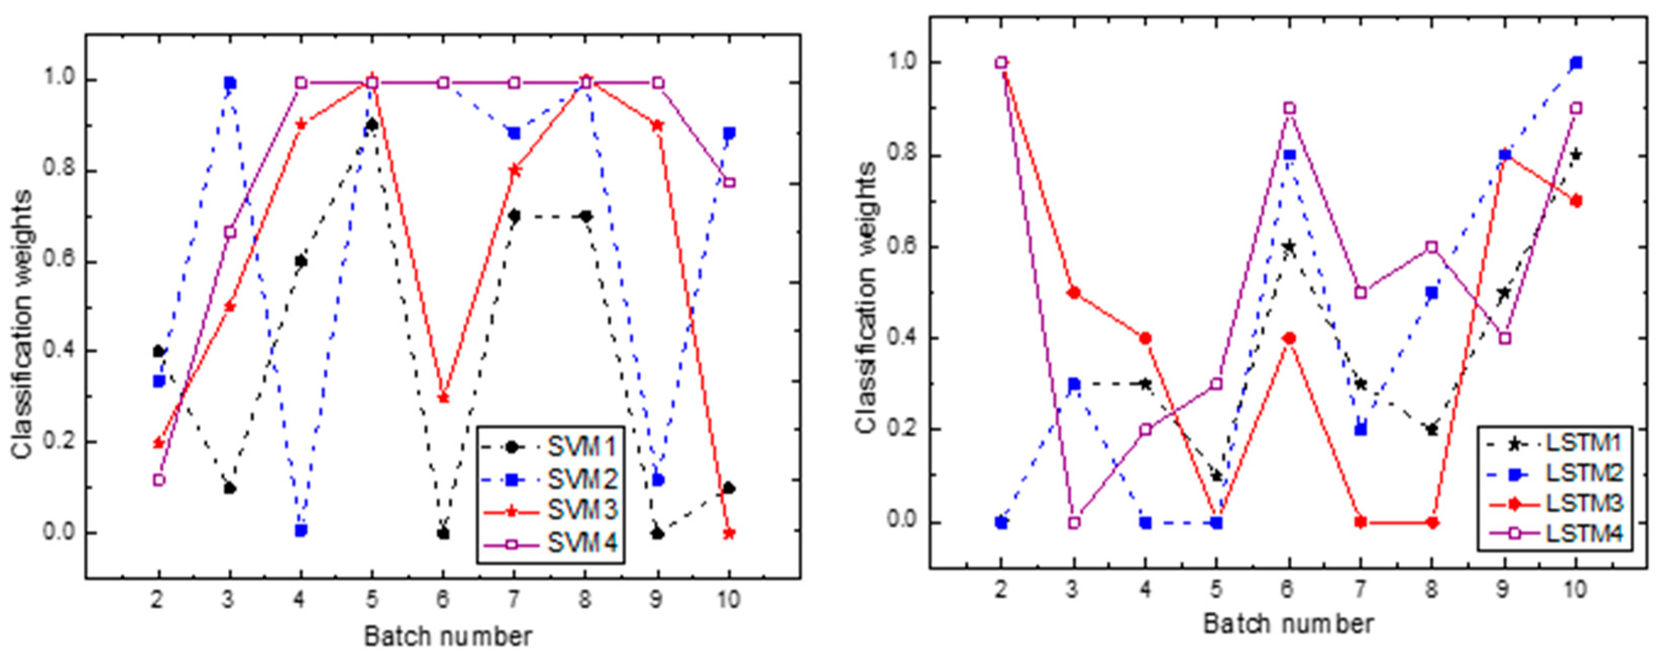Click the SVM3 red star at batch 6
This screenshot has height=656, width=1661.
point(443,398)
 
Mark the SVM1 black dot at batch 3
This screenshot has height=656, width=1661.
point(230,488)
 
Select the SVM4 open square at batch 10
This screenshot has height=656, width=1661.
point(729,182)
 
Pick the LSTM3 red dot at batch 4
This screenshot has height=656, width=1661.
point(1145,338)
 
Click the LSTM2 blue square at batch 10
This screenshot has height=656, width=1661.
point(1576,63)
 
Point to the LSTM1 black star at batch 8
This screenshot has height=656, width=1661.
point(1432,430)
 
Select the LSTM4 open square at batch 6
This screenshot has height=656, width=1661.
point(1289,109)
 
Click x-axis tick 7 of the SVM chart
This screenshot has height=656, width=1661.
point(514,600)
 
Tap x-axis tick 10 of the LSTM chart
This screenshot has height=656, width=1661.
point(1575,589)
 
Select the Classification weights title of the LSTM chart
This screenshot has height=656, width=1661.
point(867,297)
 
